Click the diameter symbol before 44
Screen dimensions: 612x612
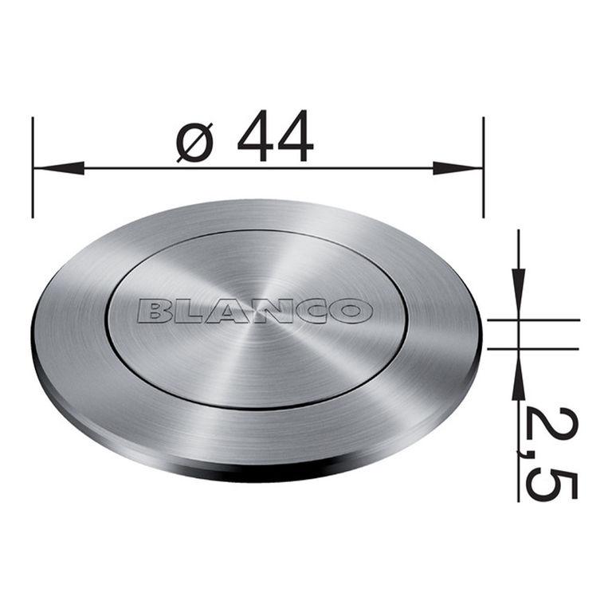194,142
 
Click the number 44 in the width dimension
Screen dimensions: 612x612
275,135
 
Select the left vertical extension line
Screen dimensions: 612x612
33,167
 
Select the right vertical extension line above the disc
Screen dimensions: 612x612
484,167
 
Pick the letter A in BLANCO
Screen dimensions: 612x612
226,312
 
